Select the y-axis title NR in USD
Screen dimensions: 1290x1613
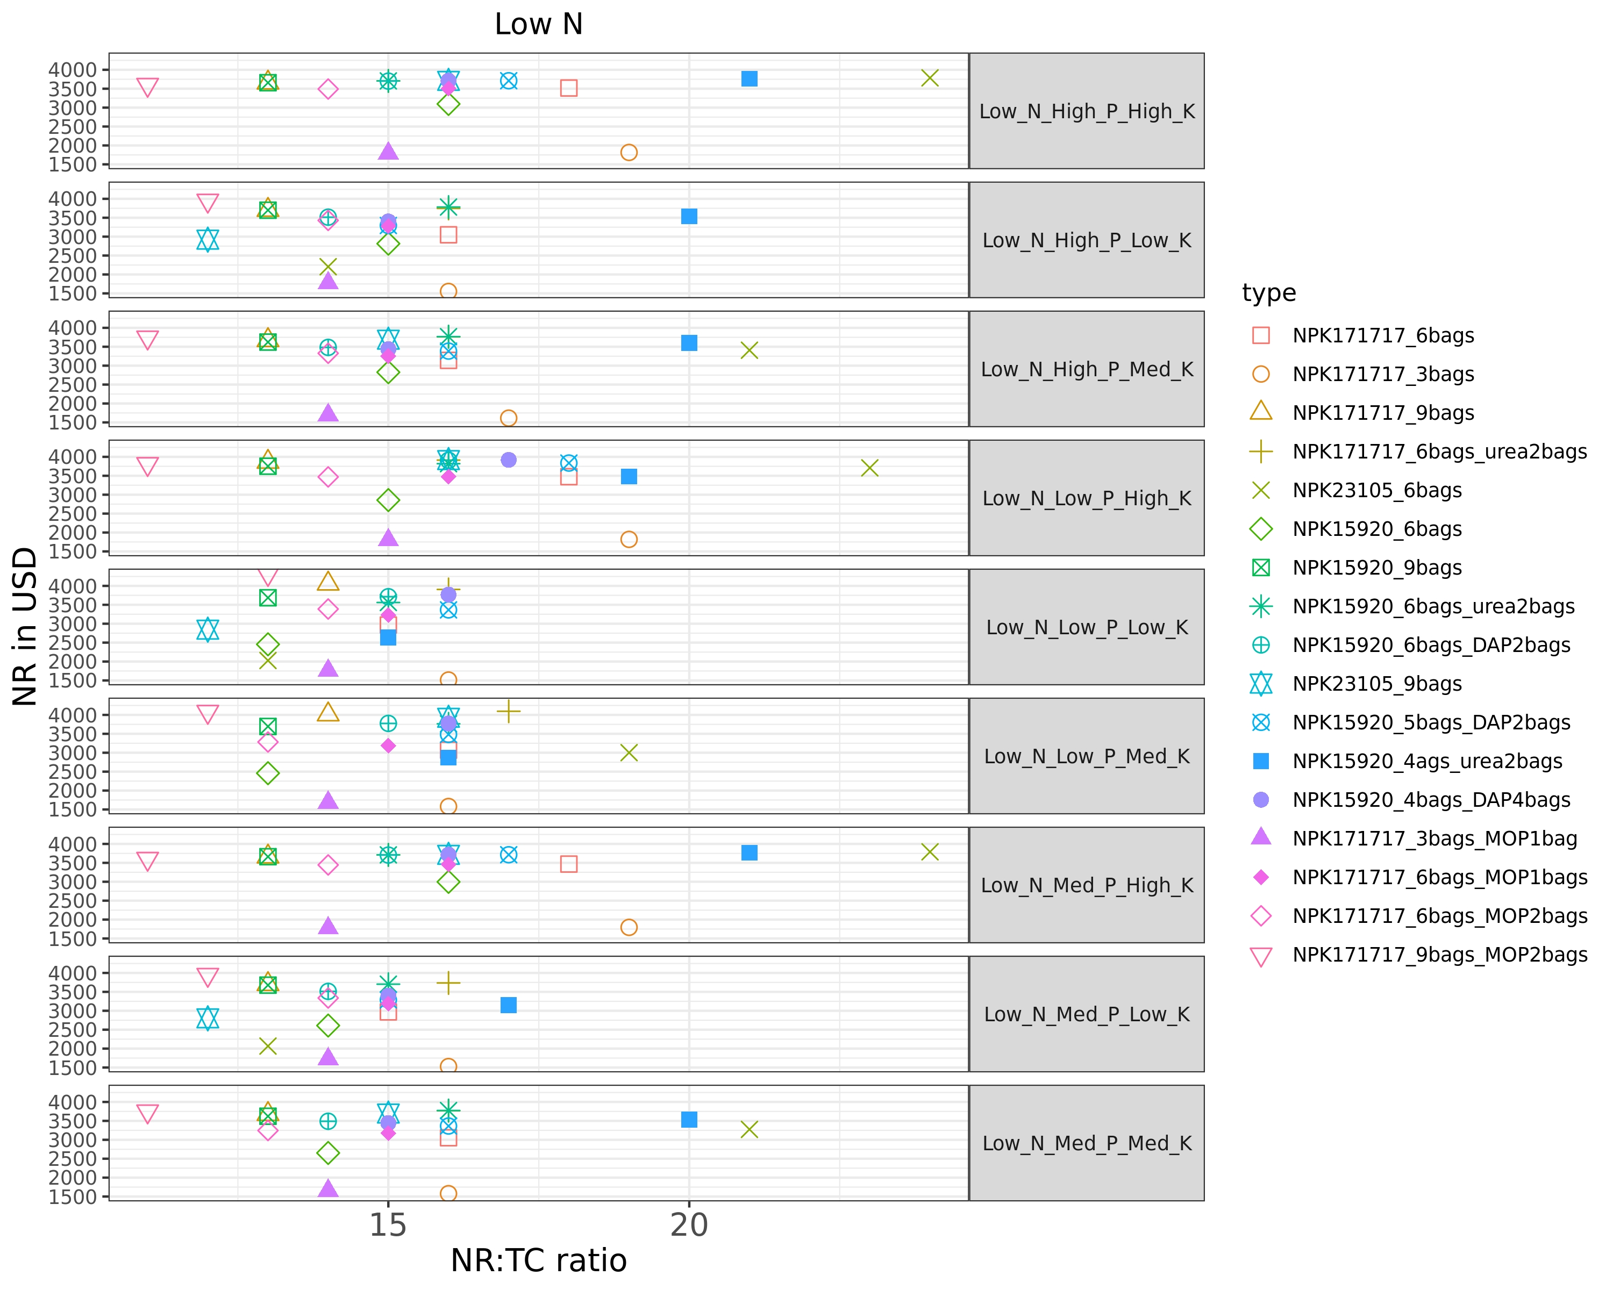coord(25,626)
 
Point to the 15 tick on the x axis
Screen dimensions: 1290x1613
coord(388,1225)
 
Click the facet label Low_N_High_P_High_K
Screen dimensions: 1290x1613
coord(1086,111)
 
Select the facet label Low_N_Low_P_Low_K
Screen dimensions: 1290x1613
coord(1086,627)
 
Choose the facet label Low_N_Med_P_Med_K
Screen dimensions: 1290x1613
coord(1086,1143)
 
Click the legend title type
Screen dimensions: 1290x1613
coord(1269,292)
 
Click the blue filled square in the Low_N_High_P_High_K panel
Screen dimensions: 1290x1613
coord(749,78)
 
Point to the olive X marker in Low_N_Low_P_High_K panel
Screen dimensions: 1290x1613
coord(869,468)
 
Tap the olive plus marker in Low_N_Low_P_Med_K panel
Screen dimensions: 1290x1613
coord(508,711)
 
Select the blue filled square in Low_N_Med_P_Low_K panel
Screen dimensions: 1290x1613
coord(508,1005)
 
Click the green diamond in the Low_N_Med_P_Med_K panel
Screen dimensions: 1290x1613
coord(327,1153)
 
